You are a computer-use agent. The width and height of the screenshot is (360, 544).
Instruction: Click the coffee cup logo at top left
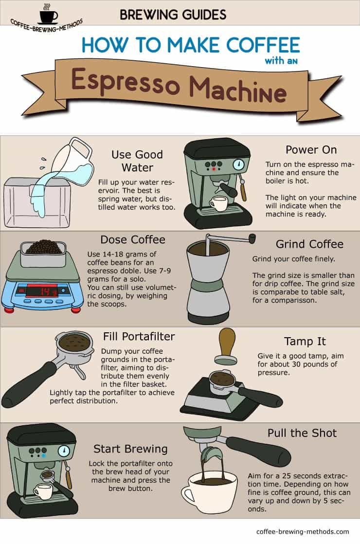[49, 14]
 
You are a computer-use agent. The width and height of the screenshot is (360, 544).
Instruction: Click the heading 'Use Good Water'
[137, 161]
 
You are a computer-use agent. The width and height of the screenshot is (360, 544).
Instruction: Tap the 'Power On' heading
[311, 150]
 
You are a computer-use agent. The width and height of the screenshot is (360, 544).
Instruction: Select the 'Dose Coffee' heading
[133, 240]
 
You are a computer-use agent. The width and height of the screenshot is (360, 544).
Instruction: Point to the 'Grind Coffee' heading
[310, 244]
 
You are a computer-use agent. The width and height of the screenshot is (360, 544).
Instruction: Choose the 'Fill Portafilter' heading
[139, 336]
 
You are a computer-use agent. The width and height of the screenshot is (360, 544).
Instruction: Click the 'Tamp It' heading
[305, 342]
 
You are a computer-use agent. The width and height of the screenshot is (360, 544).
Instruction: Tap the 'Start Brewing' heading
[130, 449]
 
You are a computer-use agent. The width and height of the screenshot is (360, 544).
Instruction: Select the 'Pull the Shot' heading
[302, 433]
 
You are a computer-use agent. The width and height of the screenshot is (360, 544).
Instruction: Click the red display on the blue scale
[42, 290]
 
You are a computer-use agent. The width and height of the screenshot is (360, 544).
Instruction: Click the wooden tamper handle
[227, 342]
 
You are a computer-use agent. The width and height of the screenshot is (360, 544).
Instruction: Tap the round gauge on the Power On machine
[238, 164]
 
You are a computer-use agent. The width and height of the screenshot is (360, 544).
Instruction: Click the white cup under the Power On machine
[218, 204]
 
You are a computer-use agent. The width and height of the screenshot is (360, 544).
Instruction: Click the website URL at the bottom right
[303, 531]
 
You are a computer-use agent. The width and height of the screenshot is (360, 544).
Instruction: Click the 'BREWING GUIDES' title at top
[173, 15]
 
